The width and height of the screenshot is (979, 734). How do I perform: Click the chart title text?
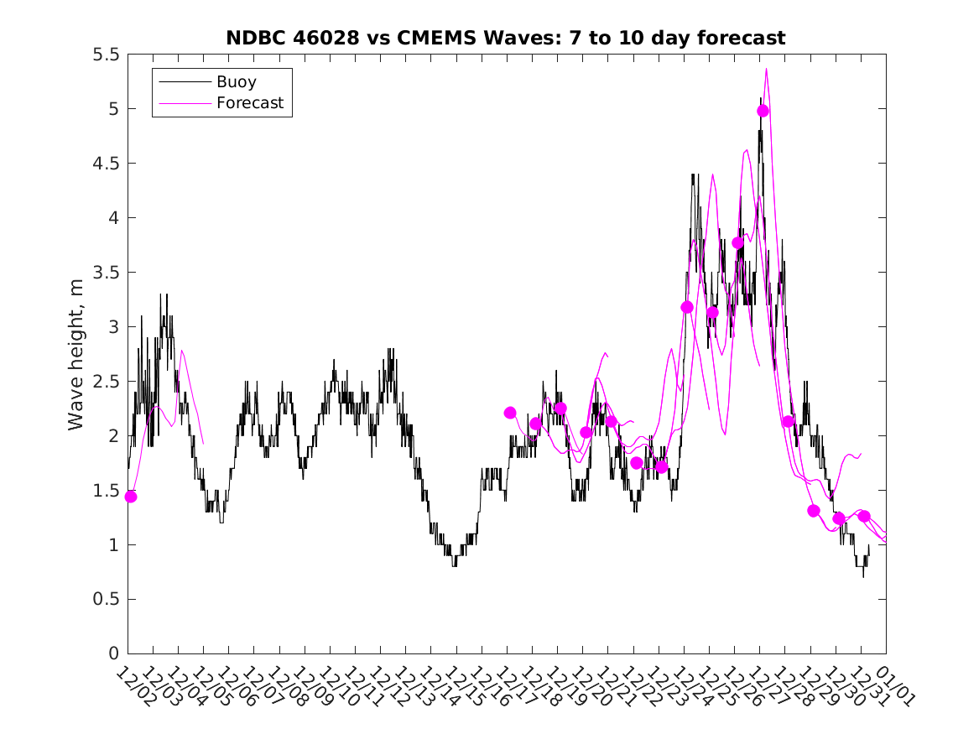505,38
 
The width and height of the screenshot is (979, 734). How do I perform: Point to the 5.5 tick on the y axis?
106,55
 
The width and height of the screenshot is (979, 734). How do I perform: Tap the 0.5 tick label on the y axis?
106,599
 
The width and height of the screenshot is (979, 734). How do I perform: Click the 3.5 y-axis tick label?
106,273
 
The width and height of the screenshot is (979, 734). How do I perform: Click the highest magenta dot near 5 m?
763,111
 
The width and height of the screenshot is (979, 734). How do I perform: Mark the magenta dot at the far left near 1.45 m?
131,497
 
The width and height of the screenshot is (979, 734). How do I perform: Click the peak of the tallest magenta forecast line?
766,70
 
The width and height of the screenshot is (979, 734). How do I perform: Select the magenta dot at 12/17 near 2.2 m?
510,413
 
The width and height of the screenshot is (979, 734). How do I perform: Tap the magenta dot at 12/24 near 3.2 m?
687,307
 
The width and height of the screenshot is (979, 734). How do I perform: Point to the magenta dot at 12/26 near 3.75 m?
738,243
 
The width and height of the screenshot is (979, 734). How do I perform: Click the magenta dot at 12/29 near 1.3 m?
813,511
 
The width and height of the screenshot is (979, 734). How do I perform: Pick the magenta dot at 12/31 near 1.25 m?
864,516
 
